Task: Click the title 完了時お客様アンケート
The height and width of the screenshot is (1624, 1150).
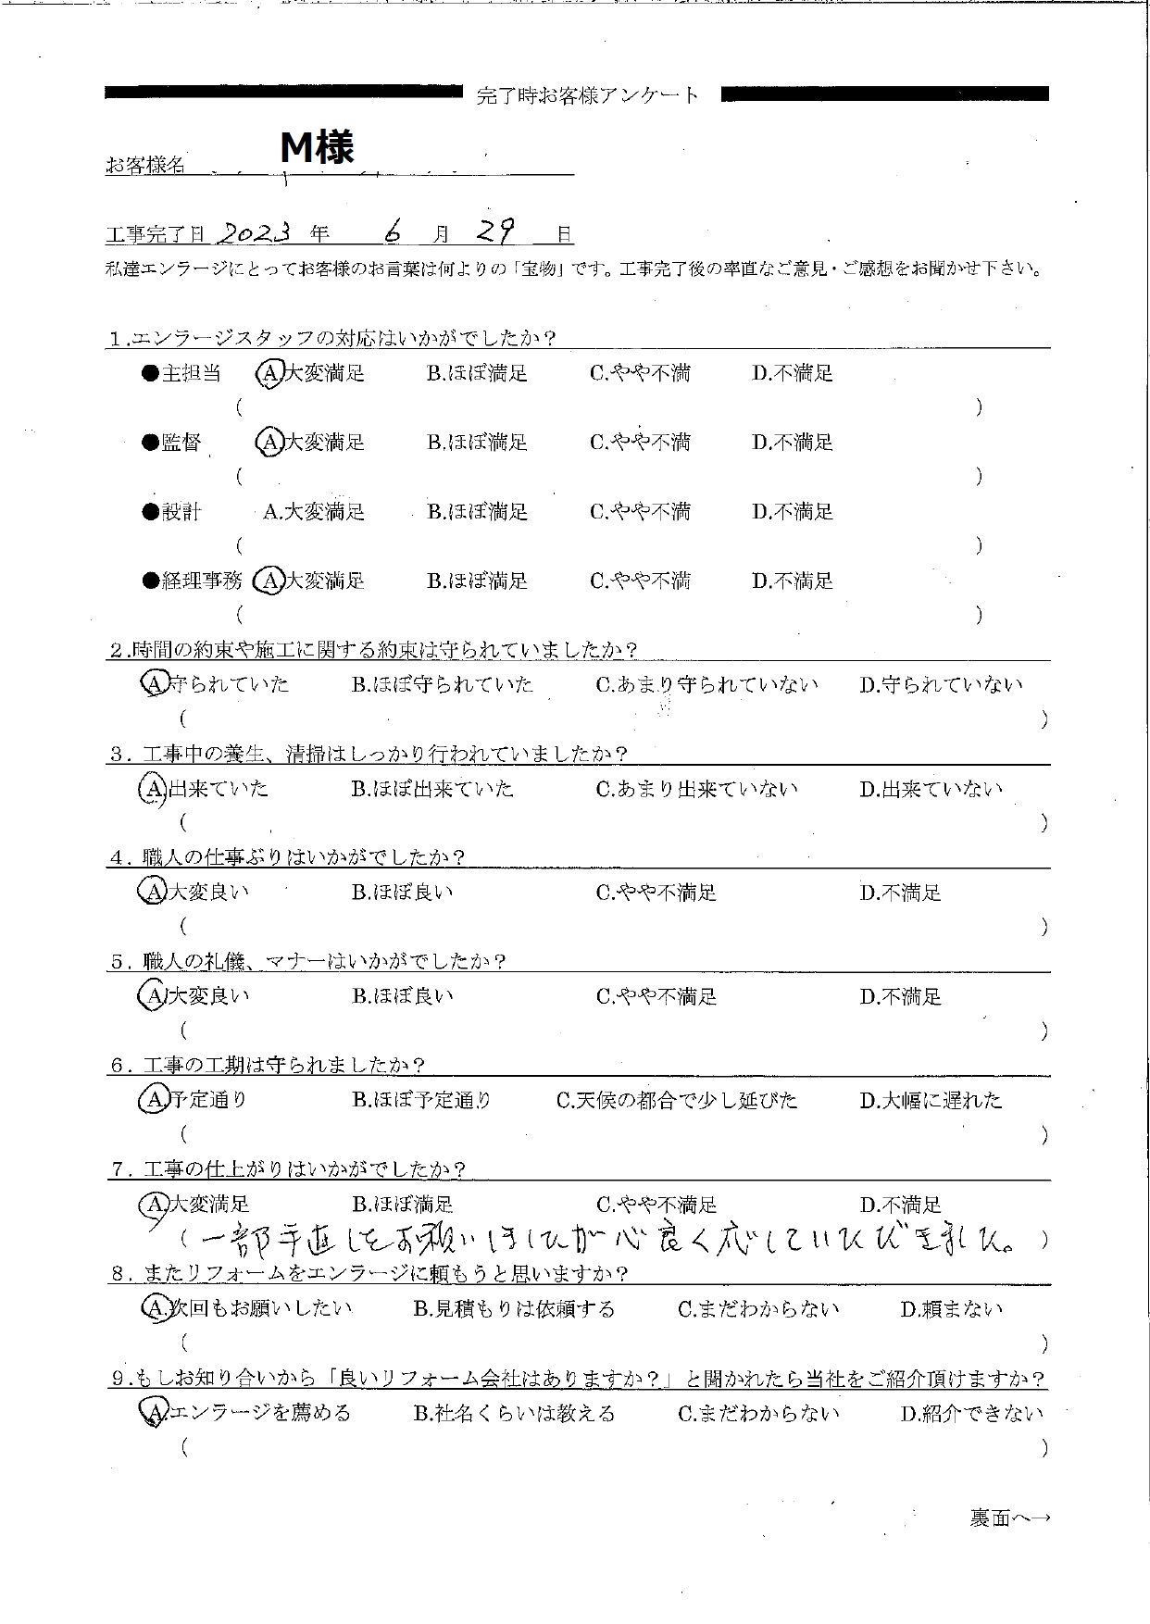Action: (x=589, y=95)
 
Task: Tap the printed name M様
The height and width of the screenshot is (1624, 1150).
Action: (x=318, y=146)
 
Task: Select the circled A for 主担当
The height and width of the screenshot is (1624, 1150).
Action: (x=269, y=373)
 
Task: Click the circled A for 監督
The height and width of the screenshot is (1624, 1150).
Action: (x=269, y=443)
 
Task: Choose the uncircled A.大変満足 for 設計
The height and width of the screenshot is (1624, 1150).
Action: (x=314, y=512)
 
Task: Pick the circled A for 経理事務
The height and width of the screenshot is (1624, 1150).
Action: (x=269, y=581)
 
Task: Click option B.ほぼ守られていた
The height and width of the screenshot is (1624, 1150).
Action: (x=443, y=685)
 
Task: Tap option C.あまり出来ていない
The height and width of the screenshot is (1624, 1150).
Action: (x=696, y=790)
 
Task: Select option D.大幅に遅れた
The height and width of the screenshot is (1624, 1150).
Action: (x=931, y=1101)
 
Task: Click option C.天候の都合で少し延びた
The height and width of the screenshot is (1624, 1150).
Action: (x=677, y=1101)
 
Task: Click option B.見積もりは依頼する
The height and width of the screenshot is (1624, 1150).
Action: (x=514, y=1309)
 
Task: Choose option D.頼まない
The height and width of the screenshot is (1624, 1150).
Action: (x=951, y=1309)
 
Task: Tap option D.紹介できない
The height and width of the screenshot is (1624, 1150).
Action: (x=971, y=1414)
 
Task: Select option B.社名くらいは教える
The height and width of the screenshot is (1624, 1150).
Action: (x=514, y=1414)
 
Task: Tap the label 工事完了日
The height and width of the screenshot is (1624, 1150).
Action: (x=157, y=235)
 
